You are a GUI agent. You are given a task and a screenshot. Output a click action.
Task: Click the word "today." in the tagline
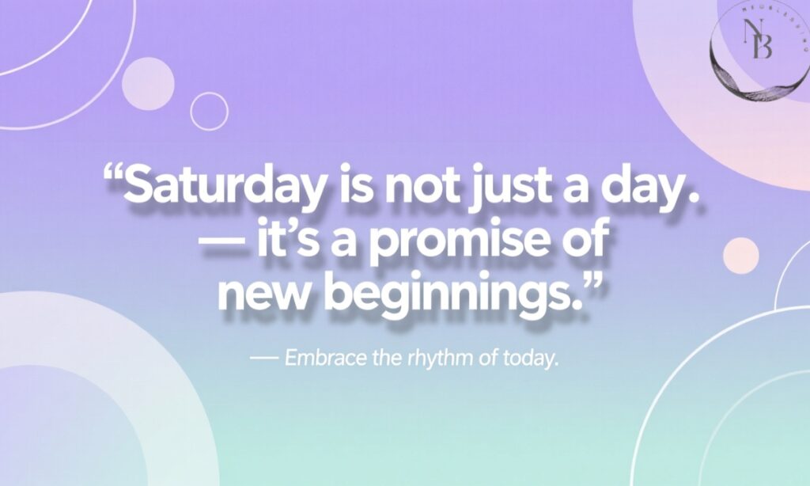coord(531,358)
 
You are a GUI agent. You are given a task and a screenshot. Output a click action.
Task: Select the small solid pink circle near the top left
coord(148,82)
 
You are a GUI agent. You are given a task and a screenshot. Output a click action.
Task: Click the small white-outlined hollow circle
coord(209,111)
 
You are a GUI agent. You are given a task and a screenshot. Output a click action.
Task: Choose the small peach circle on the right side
coord(740,256)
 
